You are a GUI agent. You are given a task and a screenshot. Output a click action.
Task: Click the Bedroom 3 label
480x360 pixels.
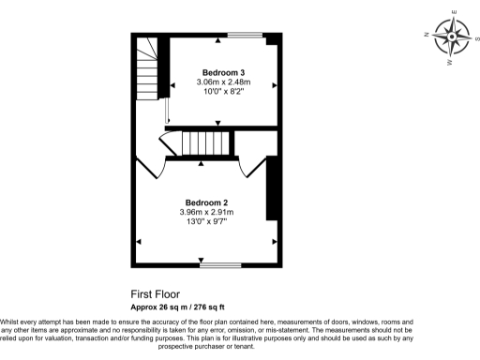tap(223, 72)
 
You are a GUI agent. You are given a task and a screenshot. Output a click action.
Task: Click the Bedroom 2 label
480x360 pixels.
tap(206, 202)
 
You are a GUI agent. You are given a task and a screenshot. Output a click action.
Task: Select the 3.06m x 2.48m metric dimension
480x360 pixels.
tap(223, 82)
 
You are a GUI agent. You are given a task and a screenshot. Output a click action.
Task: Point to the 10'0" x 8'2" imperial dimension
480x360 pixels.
tap(223, 93)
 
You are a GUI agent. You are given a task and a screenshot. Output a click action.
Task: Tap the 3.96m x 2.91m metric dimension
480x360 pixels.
tap(206, 213)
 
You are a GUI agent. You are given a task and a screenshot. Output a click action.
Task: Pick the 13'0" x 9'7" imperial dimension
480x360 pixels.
tap(206, 222)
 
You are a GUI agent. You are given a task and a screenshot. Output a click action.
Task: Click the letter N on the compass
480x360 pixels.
tap(427, 33)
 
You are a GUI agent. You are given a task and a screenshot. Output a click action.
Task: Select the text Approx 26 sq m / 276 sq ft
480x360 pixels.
tap(190, 307)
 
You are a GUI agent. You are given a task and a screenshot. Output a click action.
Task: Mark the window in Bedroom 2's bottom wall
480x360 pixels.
tap(219, 265)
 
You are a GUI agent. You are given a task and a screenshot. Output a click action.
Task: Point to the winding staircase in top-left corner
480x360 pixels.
tap(147, 66)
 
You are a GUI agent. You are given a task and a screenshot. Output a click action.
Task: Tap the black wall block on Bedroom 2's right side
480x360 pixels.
tap(273, 188)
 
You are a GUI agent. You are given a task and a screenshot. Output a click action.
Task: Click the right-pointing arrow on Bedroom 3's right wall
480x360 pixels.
tap(275, 85)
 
